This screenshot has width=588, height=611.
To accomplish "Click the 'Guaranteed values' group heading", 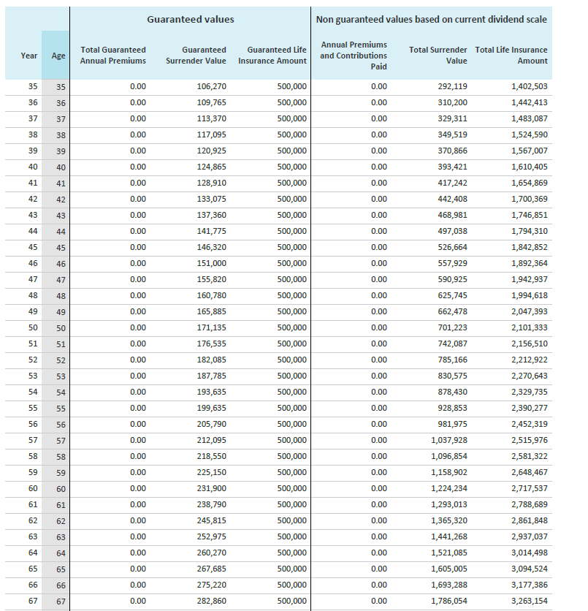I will tap(191, 19).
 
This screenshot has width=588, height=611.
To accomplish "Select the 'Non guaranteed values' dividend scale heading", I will tap(431, 19).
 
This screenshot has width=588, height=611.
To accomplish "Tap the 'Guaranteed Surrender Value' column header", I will tap(196, 56).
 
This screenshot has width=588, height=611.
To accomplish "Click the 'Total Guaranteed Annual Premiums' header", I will tap(113, 56).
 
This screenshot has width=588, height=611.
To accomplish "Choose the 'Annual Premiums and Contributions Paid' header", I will tap(354, 56).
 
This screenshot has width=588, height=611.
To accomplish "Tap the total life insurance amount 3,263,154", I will tap(530, 601).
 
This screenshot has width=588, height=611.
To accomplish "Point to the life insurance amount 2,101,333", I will tap(530, 327).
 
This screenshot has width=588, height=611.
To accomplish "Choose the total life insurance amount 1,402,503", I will tap(530, 86).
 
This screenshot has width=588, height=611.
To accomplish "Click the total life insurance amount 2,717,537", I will tap(530, 488).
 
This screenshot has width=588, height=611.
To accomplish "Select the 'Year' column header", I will tap(29, 56).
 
